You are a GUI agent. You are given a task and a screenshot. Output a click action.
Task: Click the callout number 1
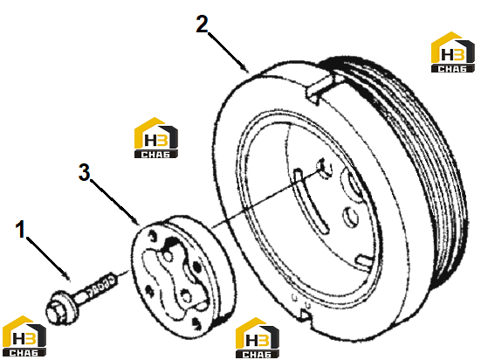point(21,229)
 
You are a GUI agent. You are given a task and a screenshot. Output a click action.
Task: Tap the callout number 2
point(203,24)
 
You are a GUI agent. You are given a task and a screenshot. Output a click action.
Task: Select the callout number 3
point(84,172)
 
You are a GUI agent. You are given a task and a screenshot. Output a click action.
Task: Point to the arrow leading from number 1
point(48,259)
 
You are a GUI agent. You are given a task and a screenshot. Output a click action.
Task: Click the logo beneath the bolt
point(24,336)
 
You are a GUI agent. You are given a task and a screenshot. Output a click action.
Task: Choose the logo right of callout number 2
point(453,52)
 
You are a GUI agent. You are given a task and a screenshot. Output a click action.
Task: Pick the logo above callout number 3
point(156,137)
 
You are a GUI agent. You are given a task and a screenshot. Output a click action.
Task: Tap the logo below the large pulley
point(257,338)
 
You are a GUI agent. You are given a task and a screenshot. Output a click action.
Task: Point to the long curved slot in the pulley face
point(311,200)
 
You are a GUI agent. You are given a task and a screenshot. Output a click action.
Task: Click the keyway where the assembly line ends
point(324,169)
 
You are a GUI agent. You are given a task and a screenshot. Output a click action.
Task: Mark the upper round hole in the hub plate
point(168,256)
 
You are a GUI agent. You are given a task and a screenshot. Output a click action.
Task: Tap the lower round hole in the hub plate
point(186,295)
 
